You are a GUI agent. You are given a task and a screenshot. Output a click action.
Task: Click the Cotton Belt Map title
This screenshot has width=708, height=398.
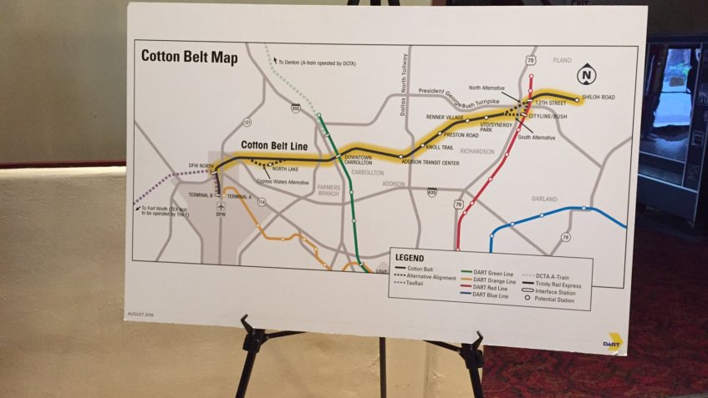[x=189, y=57]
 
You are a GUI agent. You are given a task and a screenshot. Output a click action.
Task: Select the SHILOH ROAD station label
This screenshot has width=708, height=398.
[x=598, y=98]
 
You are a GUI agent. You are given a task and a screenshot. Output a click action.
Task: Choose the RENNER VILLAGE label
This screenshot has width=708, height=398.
[x=446, y=118]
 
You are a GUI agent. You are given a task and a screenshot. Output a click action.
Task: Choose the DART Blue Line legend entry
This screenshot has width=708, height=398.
[x=490, y=295]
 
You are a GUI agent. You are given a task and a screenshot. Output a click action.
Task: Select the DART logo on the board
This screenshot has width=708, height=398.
[x=614, y=342]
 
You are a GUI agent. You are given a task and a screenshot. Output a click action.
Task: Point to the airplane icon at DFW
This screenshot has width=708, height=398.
[x=221, y=204]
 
